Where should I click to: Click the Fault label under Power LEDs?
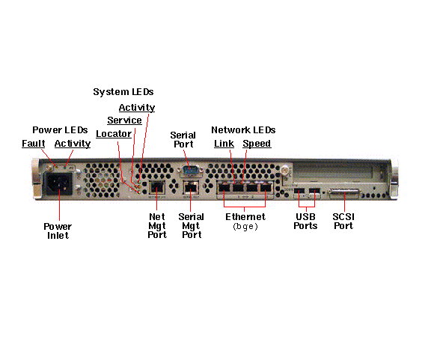(x=33, y=143)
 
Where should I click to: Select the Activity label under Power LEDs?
(x=73, y=144)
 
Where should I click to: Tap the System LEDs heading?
(x=123, y=91)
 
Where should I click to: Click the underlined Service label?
(x=124, y=120)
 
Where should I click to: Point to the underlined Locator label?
(x=114, y=134)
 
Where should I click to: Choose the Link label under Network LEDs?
(x=224, y=143)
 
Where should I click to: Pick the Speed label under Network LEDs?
(x=257, y=144)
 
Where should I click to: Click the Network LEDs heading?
(x=243, y=129)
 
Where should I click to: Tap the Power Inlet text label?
(x=58, y=231)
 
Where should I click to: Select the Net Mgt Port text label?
(x=157, y=225)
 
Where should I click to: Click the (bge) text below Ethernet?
(x=245, y=227)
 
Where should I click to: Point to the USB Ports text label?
(x=305, y=221)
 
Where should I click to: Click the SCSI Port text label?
(x=343, y=221)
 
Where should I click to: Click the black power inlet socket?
(x=58, y=183)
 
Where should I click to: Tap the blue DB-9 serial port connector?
(x=190, y=170)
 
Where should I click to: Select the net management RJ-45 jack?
(x=157, y=188)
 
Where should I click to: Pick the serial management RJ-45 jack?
(x=191, y=188)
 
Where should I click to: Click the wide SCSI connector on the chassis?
(x=345, y=193)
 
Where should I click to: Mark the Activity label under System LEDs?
(x=137, y=108)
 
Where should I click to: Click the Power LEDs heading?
(x=60, y=129)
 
